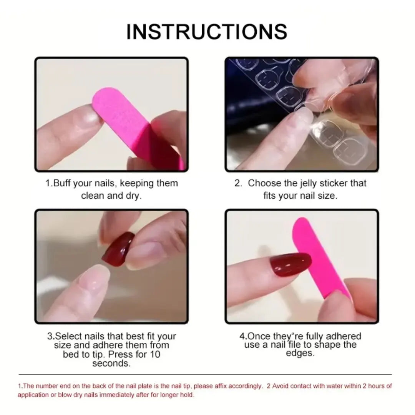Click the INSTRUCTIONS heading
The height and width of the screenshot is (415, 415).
click(207, 32)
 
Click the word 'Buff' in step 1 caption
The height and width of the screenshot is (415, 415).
click(62, 183)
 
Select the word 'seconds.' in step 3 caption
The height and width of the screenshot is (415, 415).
click(111, 363)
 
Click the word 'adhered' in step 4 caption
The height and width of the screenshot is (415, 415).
click(344, 337)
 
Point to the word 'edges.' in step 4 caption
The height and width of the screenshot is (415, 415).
click(300, 354)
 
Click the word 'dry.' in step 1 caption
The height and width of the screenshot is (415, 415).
click(133, 196)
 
